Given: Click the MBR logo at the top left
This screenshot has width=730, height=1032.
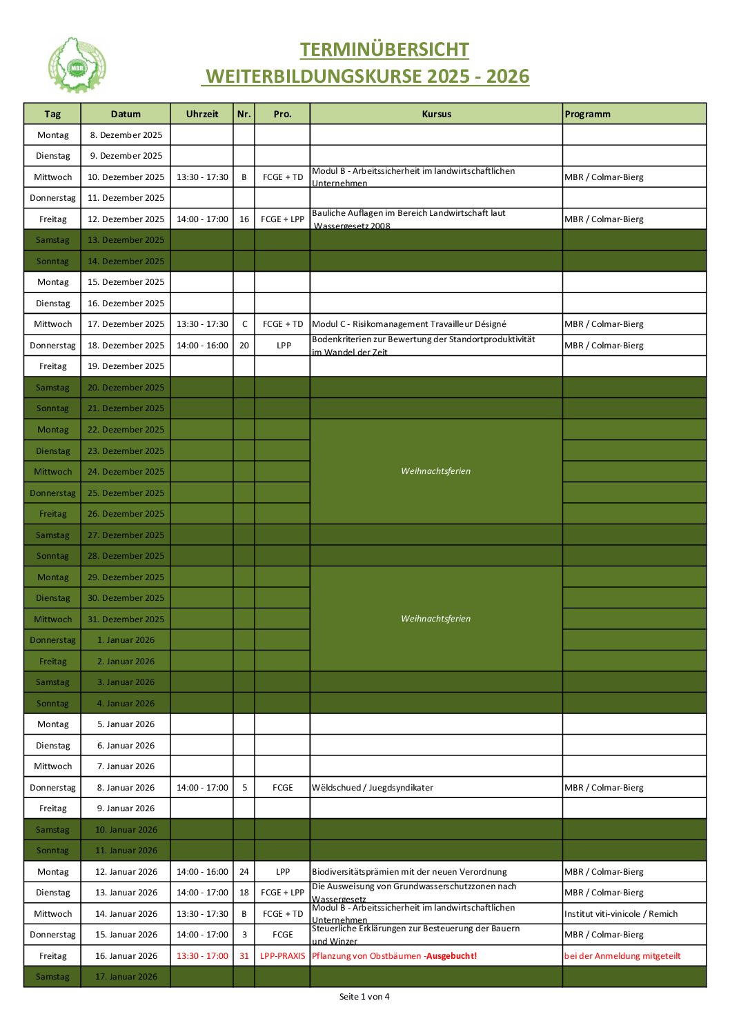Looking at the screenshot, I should pos(77,66).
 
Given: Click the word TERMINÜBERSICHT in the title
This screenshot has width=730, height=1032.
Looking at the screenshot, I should pos(384,50).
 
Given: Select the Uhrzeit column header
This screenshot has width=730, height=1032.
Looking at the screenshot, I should pos(202,114).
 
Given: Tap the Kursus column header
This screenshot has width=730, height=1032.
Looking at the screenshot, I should pos(436,114).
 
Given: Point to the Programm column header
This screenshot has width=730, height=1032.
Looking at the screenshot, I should pos(587,114).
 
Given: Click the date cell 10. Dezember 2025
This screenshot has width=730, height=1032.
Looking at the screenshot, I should pos(126,177).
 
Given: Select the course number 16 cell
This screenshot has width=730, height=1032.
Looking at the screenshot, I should pos(244,219).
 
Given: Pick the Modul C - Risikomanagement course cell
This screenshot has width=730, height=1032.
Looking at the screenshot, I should pos(409,324).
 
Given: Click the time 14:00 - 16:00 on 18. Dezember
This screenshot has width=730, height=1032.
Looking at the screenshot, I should pos(202,346).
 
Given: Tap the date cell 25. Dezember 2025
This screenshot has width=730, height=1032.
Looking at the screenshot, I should pos(126,493).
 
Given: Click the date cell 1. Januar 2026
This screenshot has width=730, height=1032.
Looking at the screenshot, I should pos(126,640).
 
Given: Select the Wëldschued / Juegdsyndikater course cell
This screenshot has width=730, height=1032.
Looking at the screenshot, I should pos(373,788).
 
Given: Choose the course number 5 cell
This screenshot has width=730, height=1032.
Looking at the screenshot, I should pos(244,788).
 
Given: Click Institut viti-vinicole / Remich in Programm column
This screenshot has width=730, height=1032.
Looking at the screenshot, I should pos(621,914).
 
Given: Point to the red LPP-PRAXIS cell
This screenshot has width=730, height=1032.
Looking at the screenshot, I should pos(282,956).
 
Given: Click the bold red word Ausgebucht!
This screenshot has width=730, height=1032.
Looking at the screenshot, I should pos(451,956).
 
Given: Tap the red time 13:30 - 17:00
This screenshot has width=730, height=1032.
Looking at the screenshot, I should pos(202,956).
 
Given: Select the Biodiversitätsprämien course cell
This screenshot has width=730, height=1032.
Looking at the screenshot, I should pos(409,872).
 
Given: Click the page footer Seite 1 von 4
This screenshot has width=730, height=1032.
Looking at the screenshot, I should pos(364,997).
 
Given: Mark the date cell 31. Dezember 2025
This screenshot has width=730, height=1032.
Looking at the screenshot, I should pos(126,619).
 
